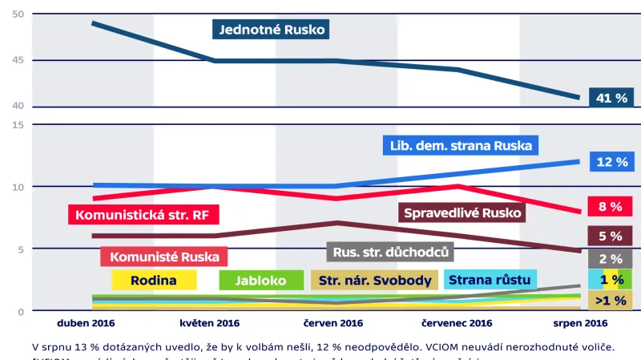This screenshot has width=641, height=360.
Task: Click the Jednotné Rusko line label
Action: pyautogui.click(x=272, y=30)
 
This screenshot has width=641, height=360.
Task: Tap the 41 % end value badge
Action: pyautogui.click(x=611, y=98)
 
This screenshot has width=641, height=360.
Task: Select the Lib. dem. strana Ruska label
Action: pyautogui.click(x=460, y=146)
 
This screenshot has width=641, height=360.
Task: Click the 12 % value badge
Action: pyautogui.click(x=611, y=162)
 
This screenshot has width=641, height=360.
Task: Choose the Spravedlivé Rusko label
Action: pyautogui.click(x=462, y=212)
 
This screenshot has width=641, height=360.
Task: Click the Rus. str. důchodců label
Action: pyautogui.click(x=390, y=252)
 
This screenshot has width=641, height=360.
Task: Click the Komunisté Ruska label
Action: pyautogui.click(x=164, y=257)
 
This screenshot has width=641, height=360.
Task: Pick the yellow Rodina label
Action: pyautogui.click(x=154, y=280)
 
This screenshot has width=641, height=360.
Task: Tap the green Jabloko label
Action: pyautogui.click(x=261, y=280)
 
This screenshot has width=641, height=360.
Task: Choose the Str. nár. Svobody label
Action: pyautogui.click(x=374, y=280)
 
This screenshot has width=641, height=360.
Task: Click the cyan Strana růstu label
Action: pyautogui.click(x=490, y=280)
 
